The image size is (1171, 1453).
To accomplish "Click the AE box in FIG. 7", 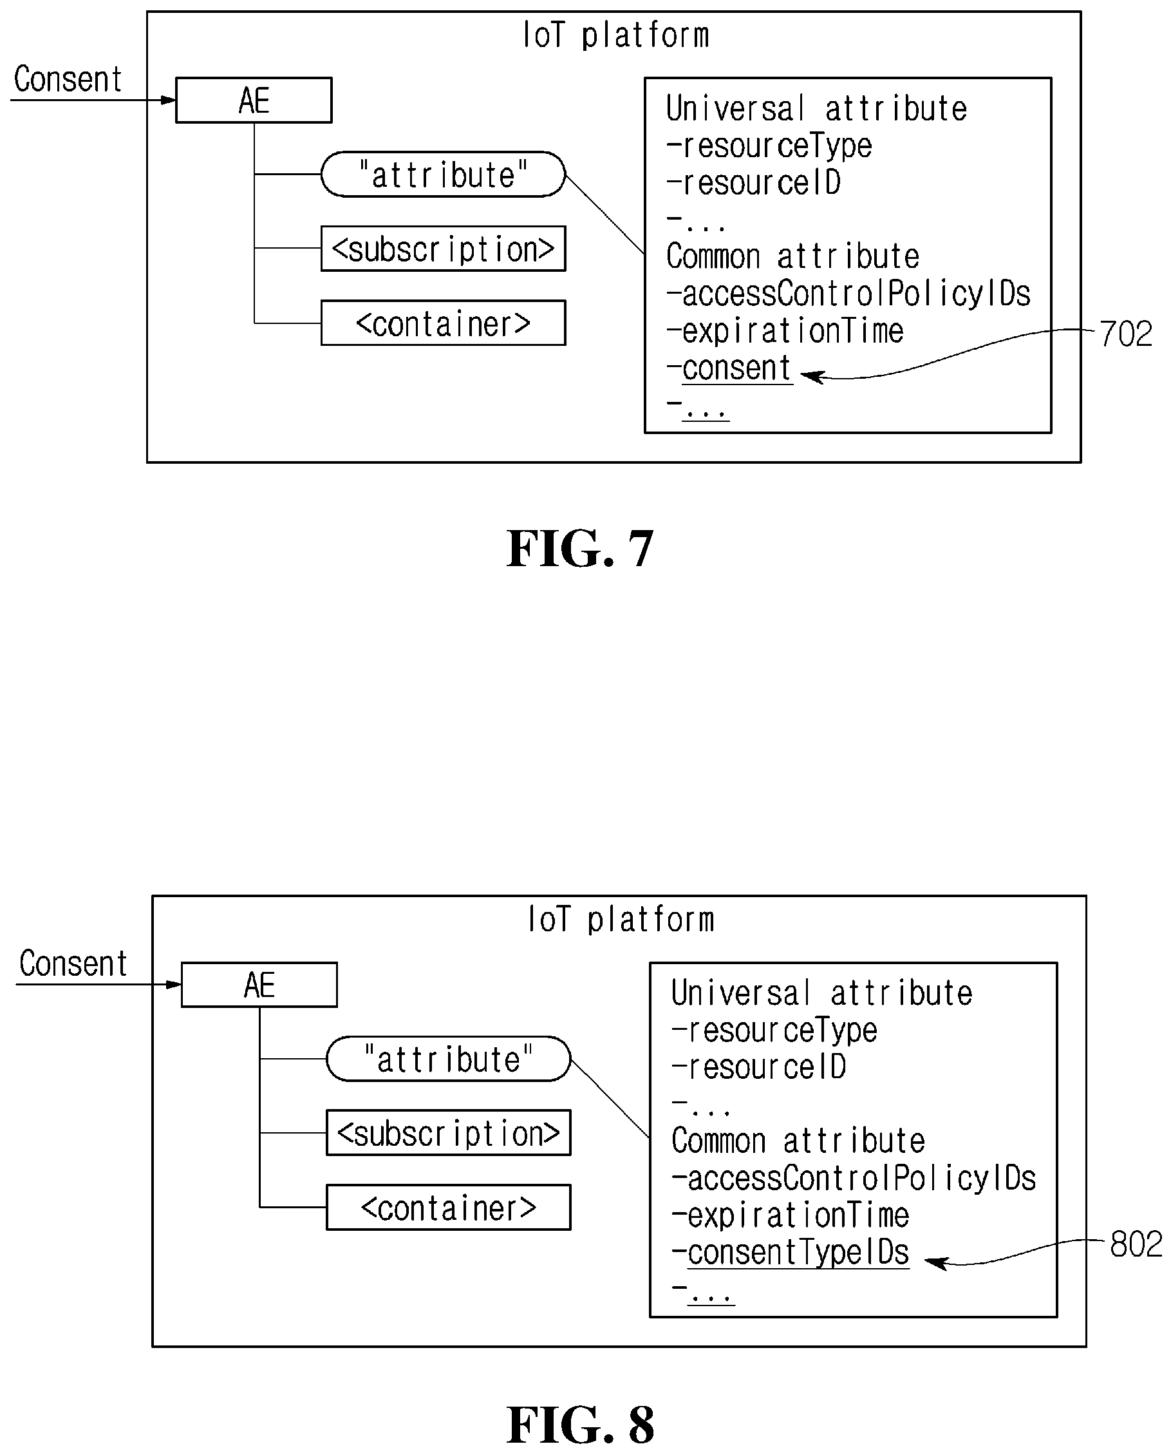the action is (254, 100).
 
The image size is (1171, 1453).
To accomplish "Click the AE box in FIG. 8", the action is (259, 985).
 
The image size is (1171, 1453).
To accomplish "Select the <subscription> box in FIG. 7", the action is (443, 249).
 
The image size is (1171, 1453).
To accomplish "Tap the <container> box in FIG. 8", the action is (449, 1208).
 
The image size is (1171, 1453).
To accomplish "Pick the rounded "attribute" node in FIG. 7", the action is (443, 174).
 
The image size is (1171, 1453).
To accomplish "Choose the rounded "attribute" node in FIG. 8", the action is (449, 1059).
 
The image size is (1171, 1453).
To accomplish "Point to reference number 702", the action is (1126, 334).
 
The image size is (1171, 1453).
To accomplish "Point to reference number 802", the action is (1136, 1244).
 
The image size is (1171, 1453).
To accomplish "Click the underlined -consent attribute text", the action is (729, 368).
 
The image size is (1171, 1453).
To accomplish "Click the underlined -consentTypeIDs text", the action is (791, 1253).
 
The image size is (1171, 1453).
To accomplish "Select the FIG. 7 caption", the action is (580, 549).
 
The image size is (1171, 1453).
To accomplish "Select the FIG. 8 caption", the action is (580, 1425).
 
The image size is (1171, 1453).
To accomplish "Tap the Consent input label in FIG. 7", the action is (68, 79).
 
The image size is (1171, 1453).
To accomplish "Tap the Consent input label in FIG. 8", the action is (73, 963).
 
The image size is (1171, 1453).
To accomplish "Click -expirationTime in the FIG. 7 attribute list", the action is (785, 331).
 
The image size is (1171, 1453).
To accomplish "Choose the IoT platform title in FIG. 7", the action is (616, 35).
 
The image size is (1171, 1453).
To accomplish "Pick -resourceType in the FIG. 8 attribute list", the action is (774, 1030).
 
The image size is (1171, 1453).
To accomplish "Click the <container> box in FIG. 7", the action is (443, 323).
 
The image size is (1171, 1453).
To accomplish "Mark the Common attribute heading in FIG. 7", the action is (792, 256).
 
